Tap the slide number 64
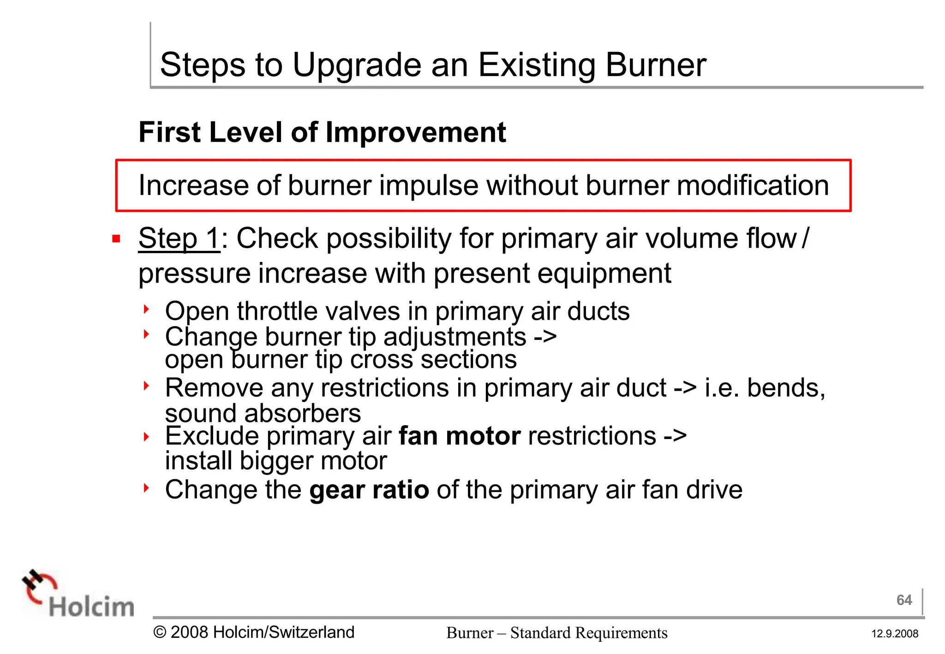904,600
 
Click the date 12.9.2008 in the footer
895,634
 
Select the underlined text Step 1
179,238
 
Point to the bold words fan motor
460,436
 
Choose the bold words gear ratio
369,489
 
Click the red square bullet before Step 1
116,239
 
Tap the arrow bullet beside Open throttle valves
146,309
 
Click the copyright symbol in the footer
160,632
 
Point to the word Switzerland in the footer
311,632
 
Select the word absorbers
302,413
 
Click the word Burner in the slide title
656,65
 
